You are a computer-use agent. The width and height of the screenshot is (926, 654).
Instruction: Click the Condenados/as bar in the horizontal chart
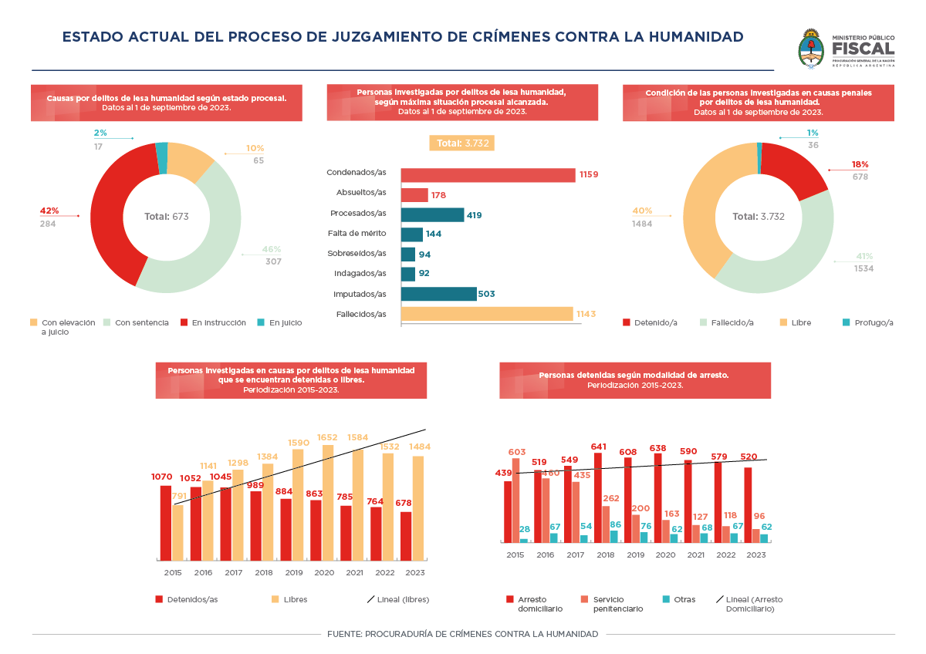point(488,175)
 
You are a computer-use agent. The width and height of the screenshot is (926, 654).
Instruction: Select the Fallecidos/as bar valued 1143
point(487,314)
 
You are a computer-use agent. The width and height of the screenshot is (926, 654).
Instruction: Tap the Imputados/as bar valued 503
point(438,294)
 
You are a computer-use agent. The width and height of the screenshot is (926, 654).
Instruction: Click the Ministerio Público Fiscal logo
point(847,49)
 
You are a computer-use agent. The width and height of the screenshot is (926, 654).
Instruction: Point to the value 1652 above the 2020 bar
point(328,437)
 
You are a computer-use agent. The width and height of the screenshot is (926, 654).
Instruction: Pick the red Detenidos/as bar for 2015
point(166,522)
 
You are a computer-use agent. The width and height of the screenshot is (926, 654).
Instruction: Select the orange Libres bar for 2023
point(418,507)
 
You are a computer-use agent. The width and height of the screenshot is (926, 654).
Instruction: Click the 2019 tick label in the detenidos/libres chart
point(294,573)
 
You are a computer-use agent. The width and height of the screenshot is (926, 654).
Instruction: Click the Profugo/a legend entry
point(867,322)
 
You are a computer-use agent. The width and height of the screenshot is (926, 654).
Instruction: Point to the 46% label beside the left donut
point(272,249)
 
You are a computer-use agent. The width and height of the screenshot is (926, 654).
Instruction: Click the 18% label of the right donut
point(860,164)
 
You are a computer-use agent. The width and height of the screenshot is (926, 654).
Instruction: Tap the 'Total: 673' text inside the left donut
point(166,217)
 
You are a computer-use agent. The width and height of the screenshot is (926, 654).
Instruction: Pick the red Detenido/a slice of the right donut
point(799,168)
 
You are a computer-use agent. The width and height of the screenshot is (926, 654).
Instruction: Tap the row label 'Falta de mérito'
point(357,233)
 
